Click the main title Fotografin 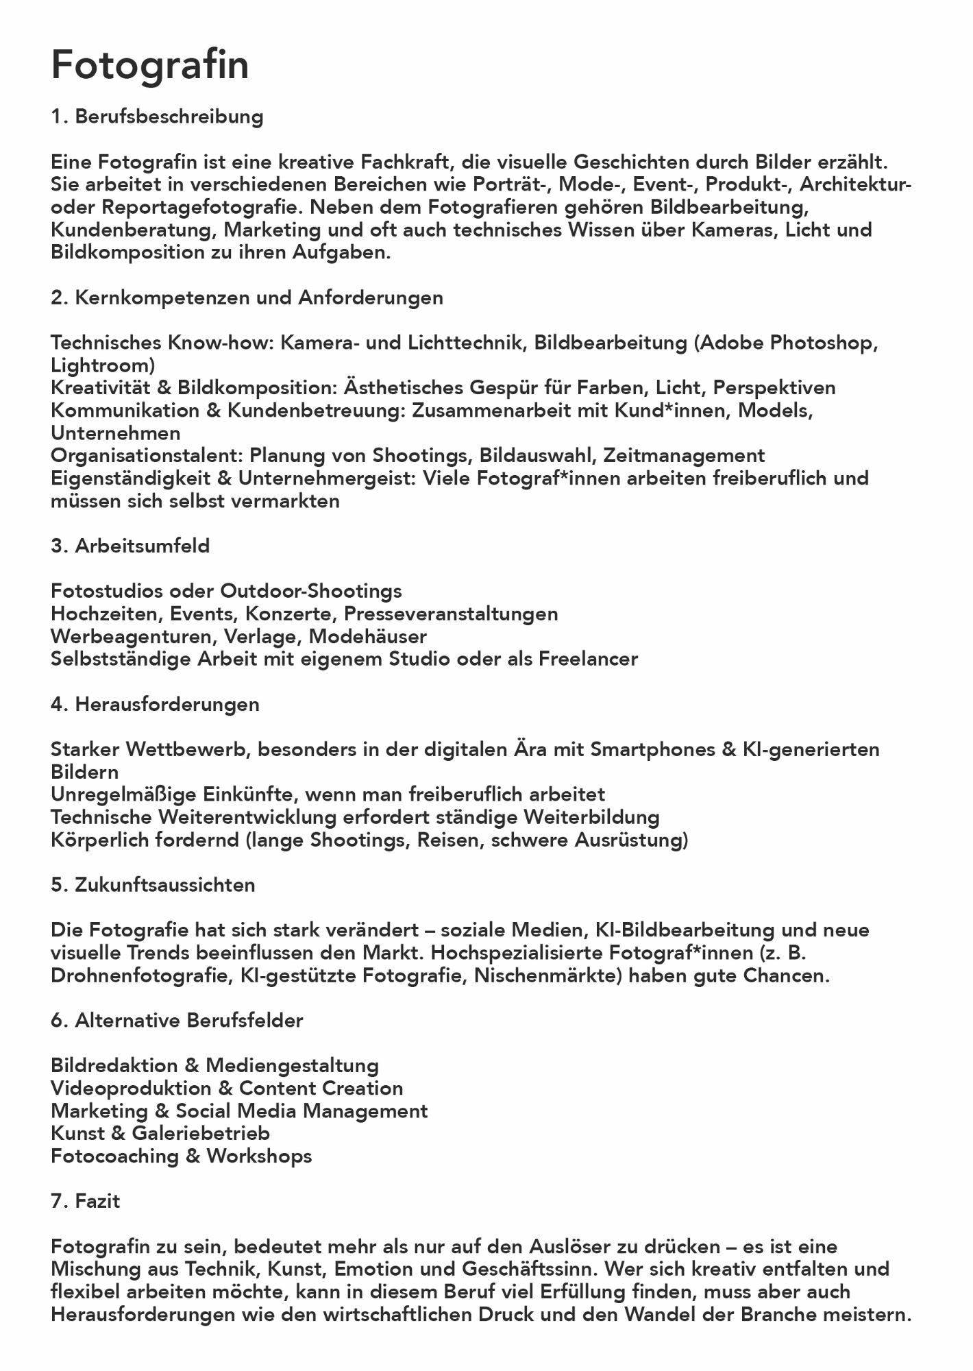(x=150, y=65)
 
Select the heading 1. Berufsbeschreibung (x=157, y=117)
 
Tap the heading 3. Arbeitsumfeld (x=130, y=546)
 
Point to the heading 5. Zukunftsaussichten (x=153, y=885)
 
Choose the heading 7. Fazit (x=86, y=1202)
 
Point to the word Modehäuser (x=368, y=637)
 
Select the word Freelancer (x=588, y=659)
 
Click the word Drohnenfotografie (x=140, y=975)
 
